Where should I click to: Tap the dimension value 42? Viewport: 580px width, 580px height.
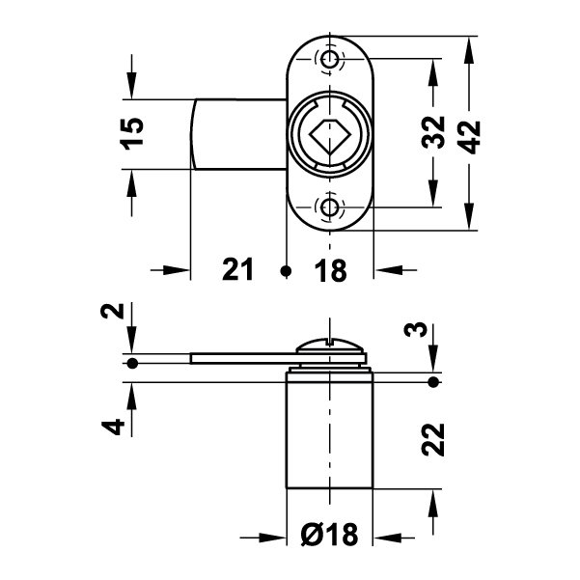(x=470, y=134)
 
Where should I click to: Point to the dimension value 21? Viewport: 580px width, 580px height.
(x=237, y=271)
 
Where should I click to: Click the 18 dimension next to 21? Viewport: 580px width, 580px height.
(x=330, y=271)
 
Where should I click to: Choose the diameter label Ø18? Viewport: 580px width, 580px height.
(x=329, y=534)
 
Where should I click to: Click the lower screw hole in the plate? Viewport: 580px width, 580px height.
(x=331, y=207)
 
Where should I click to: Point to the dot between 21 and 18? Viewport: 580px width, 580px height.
(x=285, y=271)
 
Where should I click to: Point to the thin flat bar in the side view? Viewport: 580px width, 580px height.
(x=241, y=358)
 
